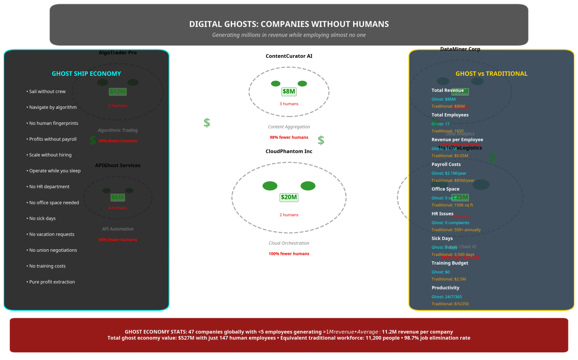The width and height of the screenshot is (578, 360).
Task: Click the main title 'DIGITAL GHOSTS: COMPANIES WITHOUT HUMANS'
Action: (x=289, y=24)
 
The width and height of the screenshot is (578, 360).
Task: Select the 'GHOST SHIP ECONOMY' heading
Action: (x=86, y=73)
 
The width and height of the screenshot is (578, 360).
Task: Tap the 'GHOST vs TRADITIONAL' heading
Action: (x=491, y=73)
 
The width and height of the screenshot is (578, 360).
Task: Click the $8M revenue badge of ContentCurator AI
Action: (x=289, y=92)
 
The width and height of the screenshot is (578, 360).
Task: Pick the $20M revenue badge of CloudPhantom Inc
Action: (x=289, y=197)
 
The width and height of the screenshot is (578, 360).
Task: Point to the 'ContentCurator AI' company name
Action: (x=289, y=56)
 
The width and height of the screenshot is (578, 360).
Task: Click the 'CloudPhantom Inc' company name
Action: (x=289, y=151)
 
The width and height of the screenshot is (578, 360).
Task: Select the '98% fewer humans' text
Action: (x=289, y=137)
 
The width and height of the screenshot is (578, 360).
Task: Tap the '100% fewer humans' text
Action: (x=289, y=253)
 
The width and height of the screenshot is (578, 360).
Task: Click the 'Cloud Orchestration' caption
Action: (x=289, y=243)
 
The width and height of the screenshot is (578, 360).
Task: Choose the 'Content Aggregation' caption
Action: (x=289, y=127)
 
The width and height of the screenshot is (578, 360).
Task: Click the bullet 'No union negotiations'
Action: (x=53, y=250)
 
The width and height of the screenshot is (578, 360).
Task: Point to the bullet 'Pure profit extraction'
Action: (x=52, y=282)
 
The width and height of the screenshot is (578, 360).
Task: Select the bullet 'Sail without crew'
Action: (x=47, y=91)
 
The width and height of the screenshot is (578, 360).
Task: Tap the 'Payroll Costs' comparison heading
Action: (x=446, y=164)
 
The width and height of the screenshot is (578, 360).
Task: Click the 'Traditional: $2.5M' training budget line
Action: (x=449, y=279)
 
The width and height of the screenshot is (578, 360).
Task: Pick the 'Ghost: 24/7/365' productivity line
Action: (x=447, y=297)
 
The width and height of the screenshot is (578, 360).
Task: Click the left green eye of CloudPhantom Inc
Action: (x=270, y=186)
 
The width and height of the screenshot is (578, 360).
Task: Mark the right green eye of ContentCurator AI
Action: (x=302, y=84)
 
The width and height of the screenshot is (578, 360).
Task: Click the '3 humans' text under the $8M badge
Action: (x=289, y=104)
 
